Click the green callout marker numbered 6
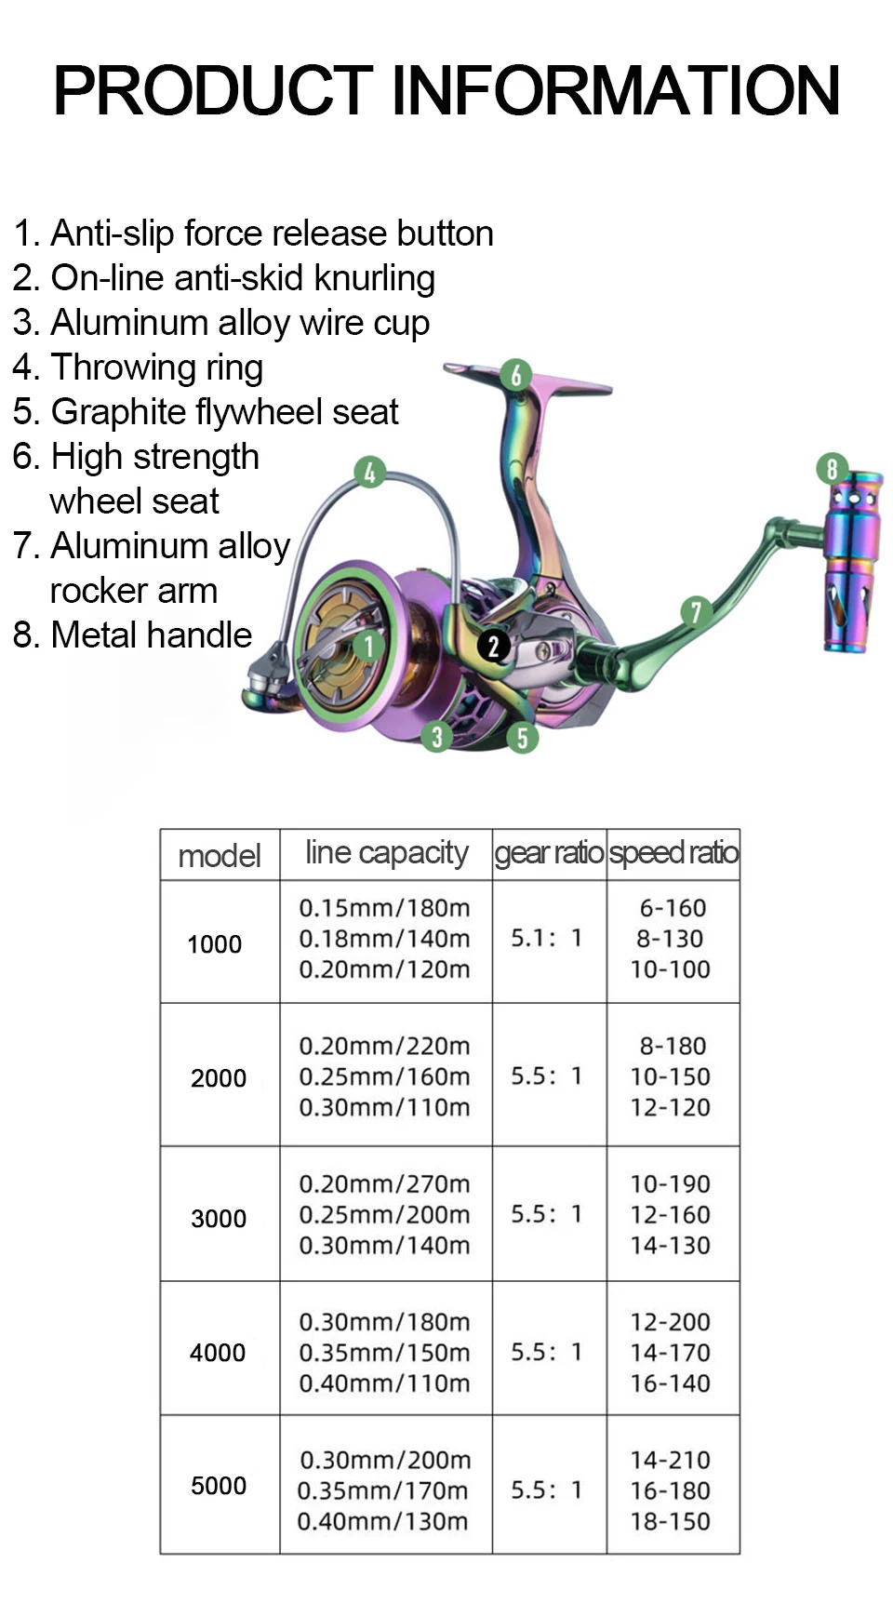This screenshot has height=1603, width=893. coord(515,375)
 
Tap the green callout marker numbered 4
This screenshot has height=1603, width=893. coord(369,473)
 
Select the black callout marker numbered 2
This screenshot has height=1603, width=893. coord(494,646)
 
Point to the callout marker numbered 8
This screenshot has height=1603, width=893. coord(832,468)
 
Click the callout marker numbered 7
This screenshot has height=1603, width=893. coord(695,612)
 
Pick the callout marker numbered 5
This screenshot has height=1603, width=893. coord(522,738)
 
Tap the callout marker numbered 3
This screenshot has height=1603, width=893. coord(436,737)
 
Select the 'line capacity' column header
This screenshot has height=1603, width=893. coord(386,853)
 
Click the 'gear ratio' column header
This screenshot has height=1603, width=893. coord(549,853)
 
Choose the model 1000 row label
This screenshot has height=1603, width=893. coord(215,944)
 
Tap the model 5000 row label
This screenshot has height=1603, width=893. coord(219,1486)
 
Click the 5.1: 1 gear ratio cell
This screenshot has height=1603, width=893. coord(547,938)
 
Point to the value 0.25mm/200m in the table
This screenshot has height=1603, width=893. coord(384,1214)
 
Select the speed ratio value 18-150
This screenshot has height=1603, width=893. coord(670,1521)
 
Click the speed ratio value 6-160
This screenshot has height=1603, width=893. coord(673,908)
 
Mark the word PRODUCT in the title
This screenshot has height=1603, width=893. coord(213,90)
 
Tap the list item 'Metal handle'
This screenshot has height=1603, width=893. coord(133,635)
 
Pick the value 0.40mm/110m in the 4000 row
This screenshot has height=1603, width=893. coord(384,1383)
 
